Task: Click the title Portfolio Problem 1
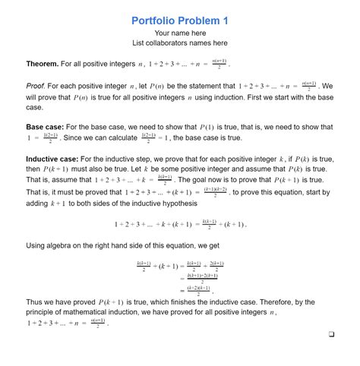179,21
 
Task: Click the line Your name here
180,33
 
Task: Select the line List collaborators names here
180,43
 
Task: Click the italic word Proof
37,87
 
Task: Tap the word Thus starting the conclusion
36,301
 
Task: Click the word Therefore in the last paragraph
270,301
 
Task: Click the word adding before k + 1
39,204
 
